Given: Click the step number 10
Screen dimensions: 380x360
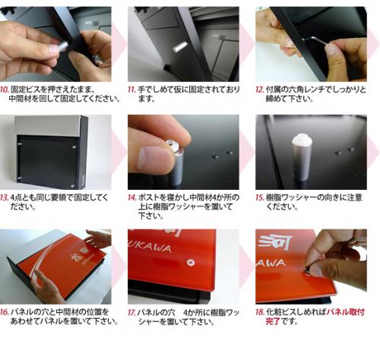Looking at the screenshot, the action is click(5, 90).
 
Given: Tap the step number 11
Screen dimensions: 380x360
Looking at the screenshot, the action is click(132, 90).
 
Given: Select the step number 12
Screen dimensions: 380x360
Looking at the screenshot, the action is click(260, 90).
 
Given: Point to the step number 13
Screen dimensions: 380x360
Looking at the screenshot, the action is click(5, 197).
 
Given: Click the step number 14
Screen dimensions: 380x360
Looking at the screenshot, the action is click(132, 197).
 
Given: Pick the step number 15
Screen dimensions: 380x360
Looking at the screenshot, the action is click(260, 197).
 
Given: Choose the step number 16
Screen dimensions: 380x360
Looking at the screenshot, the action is click(5, 312).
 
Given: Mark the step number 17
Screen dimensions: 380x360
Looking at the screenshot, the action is click(132, 313).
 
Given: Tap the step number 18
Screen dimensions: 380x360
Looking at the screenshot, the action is click(260, 312).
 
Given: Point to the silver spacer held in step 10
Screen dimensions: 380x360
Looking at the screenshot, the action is click(62, 47).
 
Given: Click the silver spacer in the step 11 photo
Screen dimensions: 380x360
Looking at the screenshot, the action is click(180, 46).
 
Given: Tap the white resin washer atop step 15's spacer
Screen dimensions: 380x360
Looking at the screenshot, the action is click(302, 140).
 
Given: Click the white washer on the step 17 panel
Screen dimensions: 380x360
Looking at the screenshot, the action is click(191, 262).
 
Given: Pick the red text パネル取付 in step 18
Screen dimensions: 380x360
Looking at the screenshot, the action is click(346, 312).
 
